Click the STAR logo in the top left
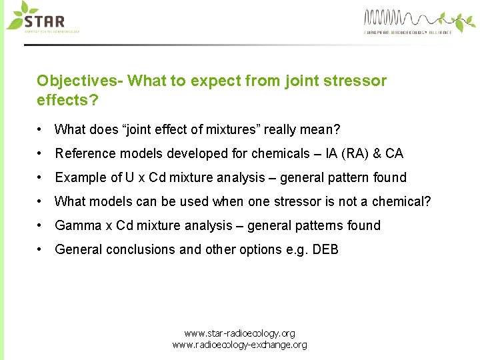(x=43, y=17)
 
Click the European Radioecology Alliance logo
(x=407, y=21)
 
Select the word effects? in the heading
(x=65, y=100)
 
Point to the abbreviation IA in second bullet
(x=332, y=153)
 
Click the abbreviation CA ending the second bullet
(x=394, y=153)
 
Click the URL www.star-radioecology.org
(x=239, y=333)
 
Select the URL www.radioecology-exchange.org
(x=239, y=345)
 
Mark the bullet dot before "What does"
(x=41, y=129)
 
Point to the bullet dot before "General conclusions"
(x=41, y=249)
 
